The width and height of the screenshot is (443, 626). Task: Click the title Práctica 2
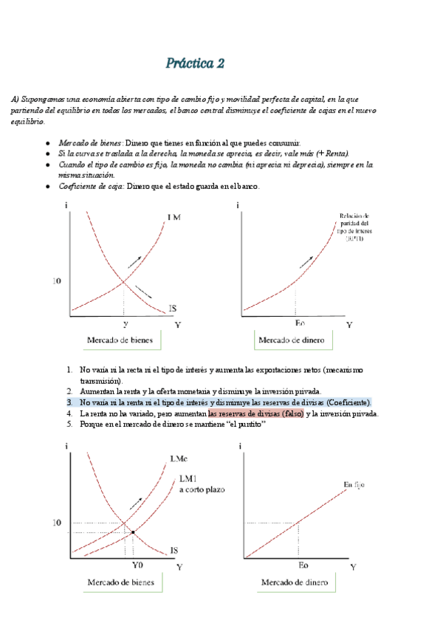(195, 64)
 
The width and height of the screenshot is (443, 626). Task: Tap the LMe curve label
(178, 458)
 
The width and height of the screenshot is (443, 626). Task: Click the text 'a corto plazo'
(200, 489)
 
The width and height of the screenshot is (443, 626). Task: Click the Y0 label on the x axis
(137, 565)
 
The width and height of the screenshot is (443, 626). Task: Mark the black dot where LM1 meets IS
(132, 532)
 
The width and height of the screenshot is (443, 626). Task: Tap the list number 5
(69, 425)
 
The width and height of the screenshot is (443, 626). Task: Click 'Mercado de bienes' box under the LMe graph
(121, 583)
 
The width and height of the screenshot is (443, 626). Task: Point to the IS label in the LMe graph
(174, 551)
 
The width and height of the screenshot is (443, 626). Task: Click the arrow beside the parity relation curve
(304, 261)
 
